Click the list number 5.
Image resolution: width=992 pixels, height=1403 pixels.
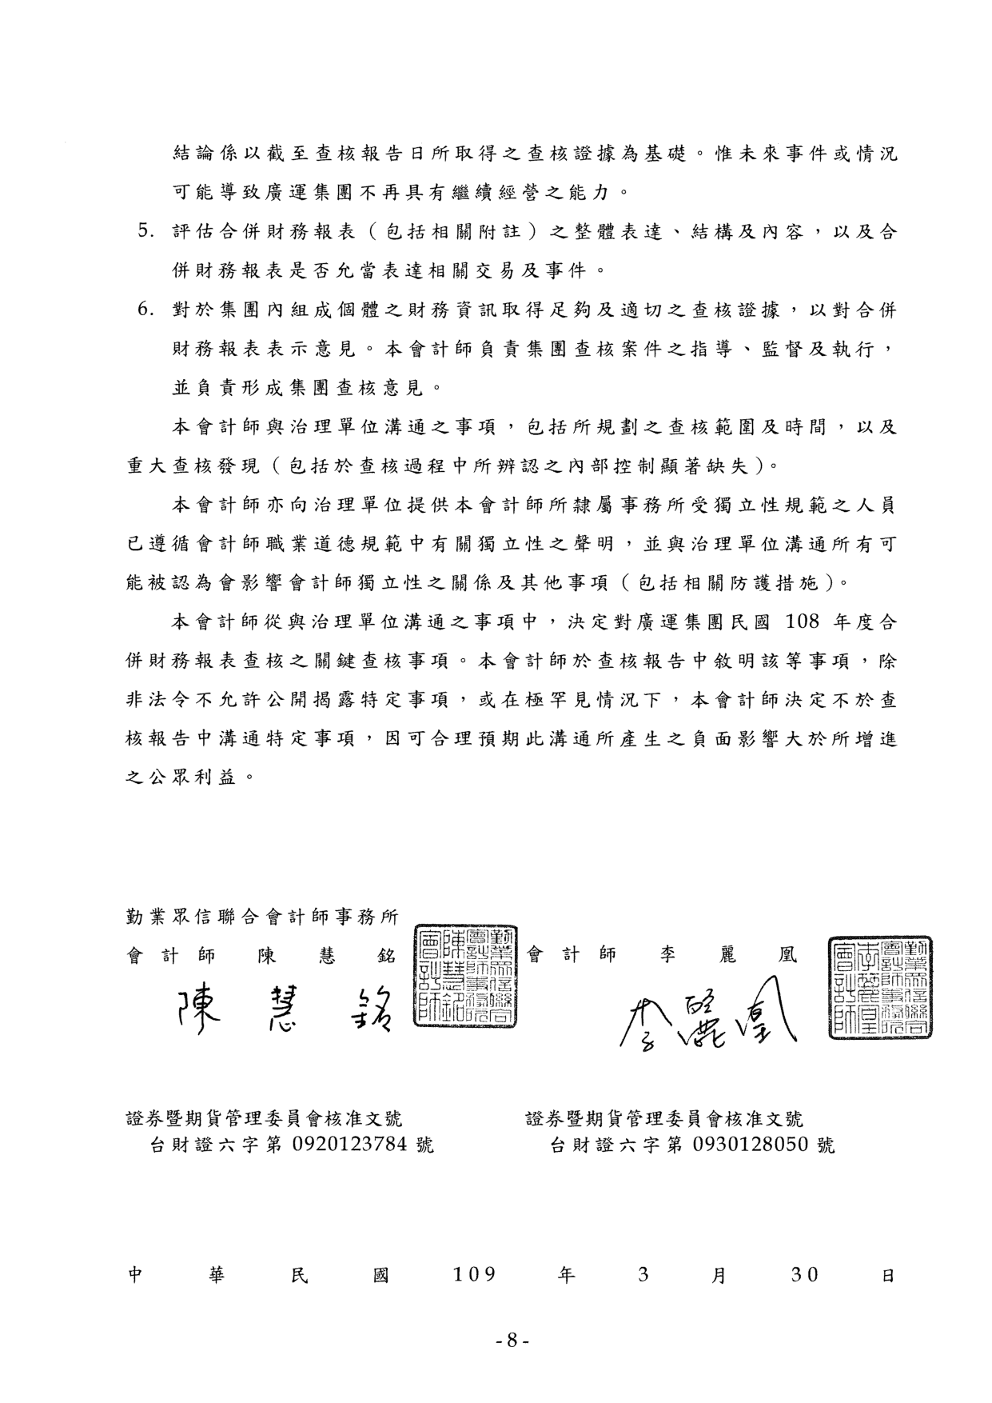tap(145, 232)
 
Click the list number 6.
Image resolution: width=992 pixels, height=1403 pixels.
tap(145, 310)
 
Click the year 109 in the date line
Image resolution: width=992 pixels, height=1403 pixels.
tap(474, 1274)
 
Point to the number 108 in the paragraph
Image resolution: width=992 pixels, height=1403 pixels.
tap(807, 622)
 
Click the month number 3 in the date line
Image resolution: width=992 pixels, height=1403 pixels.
tap(643, 1274)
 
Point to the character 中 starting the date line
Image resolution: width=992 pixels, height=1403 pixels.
tap(135, 1275)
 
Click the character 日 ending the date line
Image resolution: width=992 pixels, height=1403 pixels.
tap(887, 1275)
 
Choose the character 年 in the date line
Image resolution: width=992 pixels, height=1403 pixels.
tap(566, 1275)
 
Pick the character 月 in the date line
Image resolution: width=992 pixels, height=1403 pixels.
tap(719, 1275)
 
